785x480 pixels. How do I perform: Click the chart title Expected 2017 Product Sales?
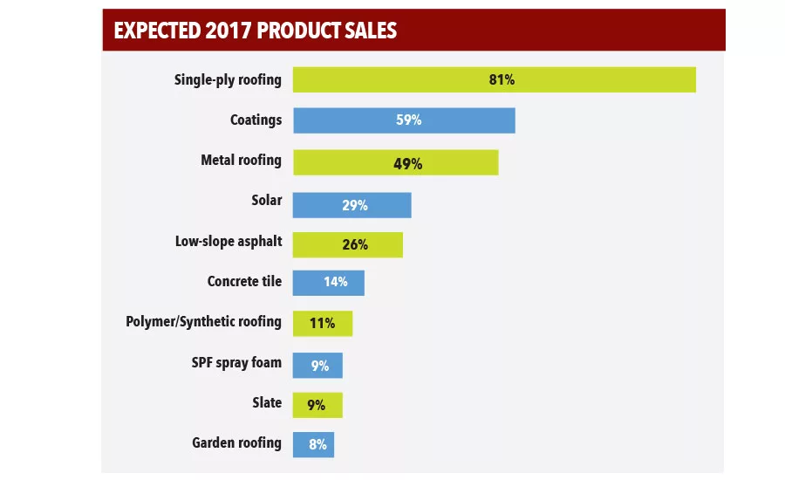tap(255, 31)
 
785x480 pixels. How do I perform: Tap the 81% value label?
tap(502, 79)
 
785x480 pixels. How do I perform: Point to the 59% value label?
tap(408, 120)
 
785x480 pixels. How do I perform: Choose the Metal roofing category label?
tap(241, 161)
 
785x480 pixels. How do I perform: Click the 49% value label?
tap(407, 163)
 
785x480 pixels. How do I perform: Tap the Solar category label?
tap(266, 201)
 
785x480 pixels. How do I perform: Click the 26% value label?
tap(355, 245)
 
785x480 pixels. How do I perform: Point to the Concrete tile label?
tap(244, 282)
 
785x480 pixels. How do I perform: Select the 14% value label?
tap(335, 282)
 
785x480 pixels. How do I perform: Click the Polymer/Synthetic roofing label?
tap(203, 322)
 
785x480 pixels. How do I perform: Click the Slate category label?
tap(266, 403)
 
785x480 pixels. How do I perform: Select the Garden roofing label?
tap(236, 443)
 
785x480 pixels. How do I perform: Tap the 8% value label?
tap(317, 445)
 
